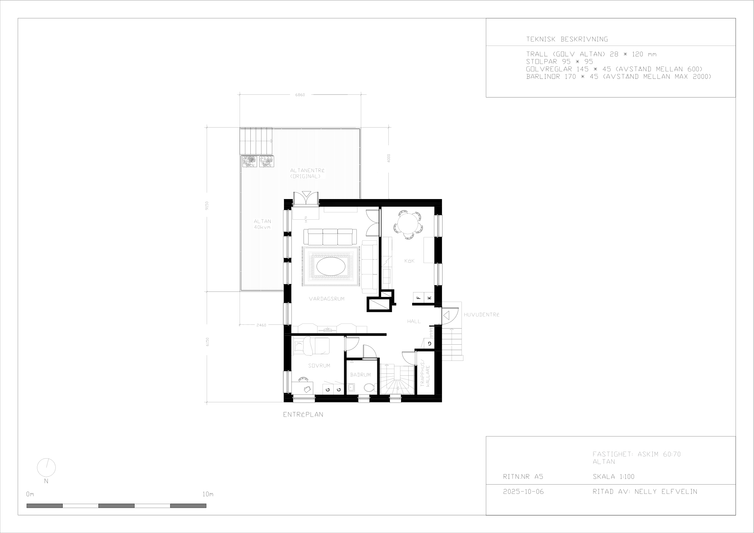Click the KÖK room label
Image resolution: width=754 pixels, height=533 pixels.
[409, 261]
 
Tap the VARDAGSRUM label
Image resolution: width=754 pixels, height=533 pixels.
[326, 299]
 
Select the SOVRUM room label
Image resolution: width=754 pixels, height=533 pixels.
[319, 366]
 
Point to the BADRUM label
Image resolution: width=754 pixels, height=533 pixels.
[360, 375]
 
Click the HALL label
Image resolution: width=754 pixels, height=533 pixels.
[414, 321]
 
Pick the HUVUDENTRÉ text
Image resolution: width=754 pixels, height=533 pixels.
[481, 315]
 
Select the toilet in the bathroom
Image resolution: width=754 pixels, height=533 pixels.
[369, 388]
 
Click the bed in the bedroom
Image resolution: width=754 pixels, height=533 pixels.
[310, 346]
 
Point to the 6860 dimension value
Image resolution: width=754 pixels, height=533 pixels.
[300, 95]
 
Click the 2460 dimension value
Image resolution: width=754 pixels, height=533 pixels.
[261, 325]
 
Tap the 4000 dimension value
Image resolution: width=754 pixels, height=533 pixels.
[389, 158]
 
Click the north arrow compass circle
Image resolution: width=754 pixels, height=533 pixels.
[46, 467]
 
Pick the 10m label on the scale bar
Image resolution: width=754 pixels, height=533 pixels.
[208, 494]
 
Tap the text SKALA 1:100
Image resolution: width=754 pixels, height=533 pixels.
[613, 477]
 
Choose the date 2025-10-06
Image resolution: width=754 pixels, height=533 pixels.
[523, 492]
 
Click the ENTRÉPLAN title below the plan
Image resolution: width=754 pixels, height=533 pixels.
[303, 414]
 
